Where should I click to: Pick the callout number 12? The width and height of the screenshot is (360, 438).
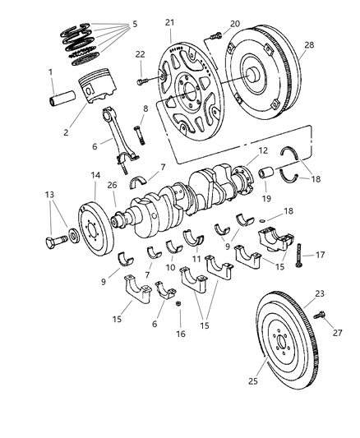pyautogui.click(x=240, y=150)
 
